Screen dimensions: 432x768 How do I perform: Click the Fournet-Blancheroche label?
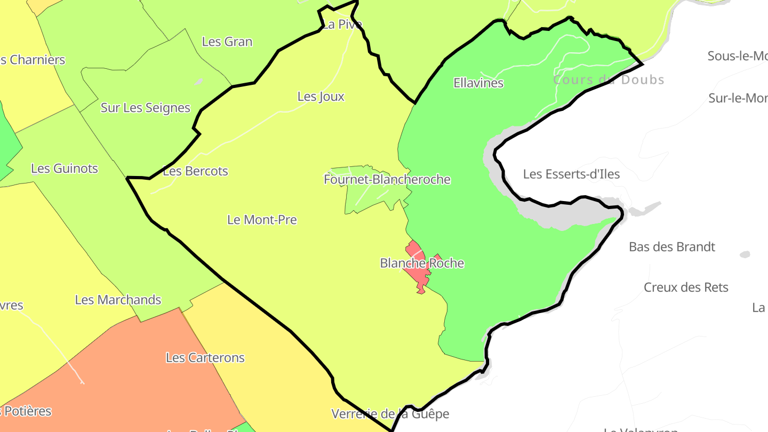coord(387,180)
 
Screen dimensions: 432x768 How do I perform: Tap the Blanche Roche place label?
coord(422,263)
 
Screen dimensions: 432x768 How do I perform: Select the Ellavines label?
coord(478,83)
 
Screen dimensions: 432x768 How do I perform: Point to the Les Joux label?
coord(321,97)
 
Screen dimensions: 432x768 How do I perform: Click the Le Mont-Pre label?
coord(262,220)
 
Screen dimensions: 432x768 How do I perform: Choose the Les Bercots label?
coord(195,172)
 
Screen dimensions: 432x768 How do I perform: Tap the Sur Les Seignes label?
coord(146,108)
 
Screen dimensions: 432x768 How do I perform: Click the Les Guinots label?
coord(65,169)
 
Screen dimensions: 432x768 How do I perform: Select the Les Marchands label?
coord(118,300)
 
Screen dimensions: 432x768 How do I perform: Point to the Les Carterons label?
coord(205,358)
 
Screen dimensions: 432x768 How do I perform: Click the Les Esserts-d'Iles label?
coord(571,174)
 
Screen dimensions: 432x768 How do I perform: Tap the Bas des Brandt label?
coord(672,247)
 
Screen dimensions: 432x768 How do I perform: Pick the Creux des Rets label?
coord(686,287)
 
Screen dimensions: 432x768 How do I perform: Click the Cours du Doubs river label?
coord(609,80)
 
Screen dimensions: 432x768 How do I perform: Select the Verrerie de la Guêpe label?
coord(390,414)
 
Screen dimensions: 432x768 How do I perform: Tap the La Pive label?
coord(342,25)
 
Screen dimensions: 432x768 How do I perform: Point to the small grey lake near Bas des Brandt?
coord(745,254)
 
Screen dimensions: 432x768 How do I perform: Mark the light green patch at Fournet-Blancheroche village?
coord(368,197)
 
